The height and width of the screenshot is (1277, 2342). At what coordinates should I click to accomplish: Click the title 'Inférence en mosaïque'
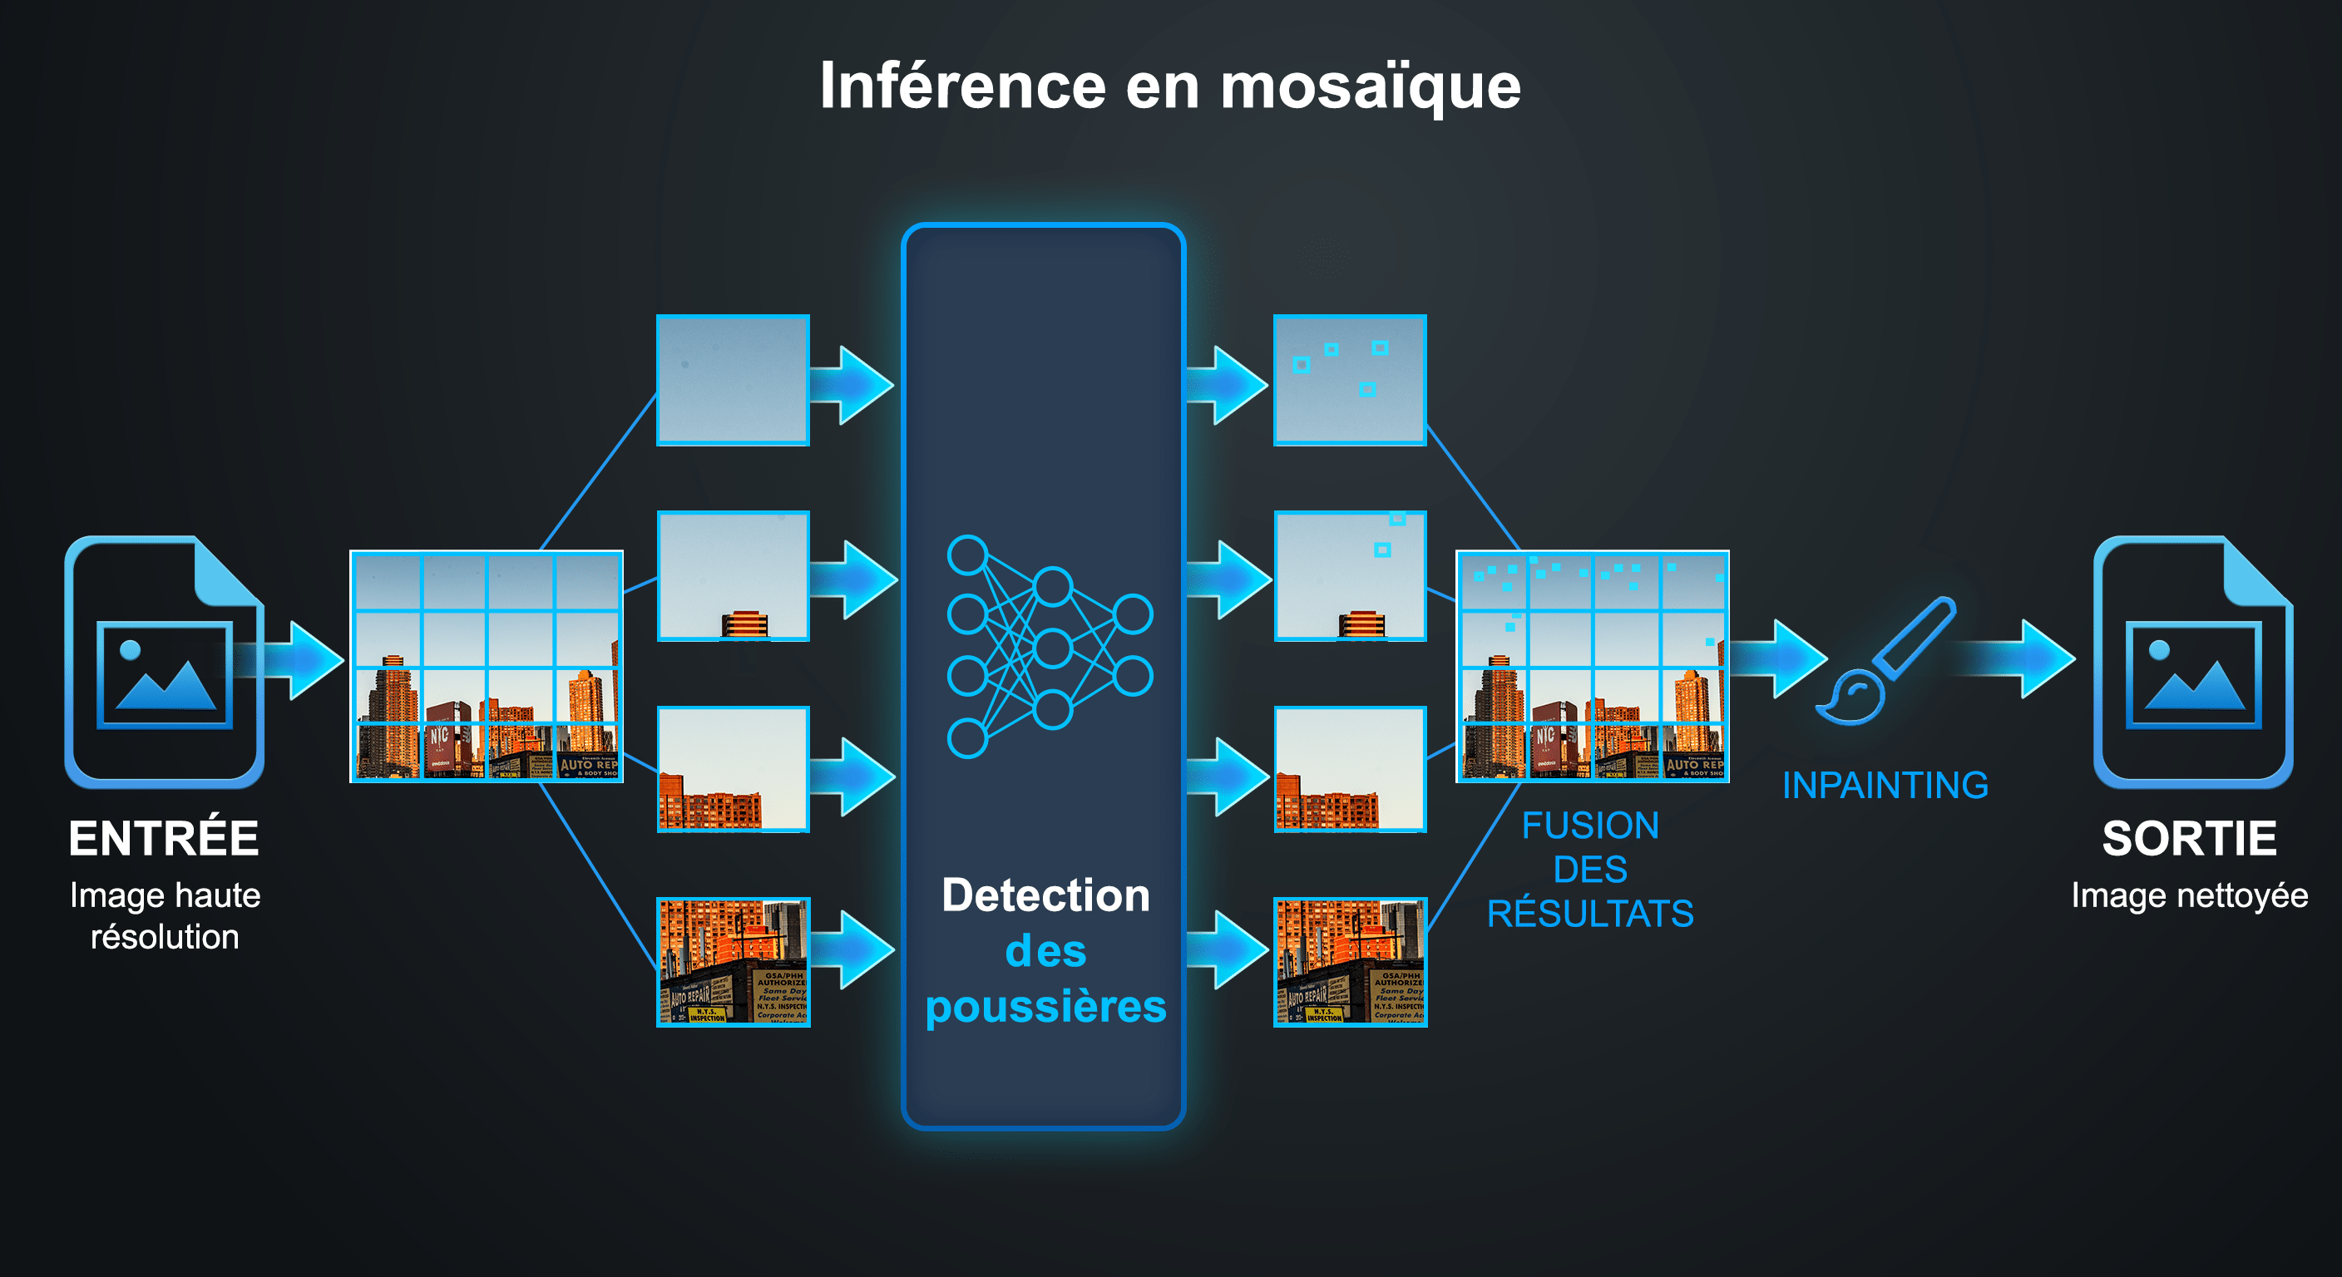(1170, 86)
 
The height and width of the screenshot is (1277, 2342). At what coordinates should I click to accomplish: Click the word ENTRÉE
(164, 838)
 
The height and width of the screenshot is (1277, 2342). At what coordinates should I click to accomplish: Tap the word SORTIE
(2189, 838)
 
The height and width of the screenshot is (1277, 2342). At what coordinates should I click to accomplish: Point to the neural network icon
(1050, 646)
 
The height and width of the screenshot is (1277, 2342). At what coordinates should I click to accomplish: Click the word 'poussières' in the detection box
(1045, 1007)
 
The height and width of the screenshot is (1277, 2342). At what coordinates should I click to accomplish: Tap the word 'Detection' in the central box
(1045, 895)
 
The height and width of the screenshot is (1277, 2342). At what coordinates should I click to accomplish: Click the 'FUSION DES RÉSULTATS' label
(1590, 869)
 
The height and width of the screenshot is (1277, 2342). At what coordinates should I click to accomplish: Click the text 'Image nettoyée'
(2189, 895)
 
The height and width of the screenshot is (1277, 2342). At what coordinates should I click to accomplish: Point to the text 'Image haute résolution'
(165, 915)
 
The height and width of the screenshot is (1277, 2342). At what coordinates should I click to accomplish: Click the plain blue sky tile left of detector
(733, 380)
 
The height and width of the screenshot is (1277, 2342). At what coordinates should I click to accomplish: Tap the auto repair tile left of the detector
(733, 962)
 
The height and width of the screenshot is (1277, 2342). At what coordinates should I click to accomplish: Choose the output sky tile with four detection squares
(1349, 380)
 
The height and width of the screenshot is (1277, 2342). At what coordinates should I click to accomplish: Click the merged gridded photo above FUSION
(1592, 665)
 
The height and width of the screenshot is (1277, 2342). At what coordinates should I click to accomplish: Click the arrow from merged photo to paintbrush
(1777, 658)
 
